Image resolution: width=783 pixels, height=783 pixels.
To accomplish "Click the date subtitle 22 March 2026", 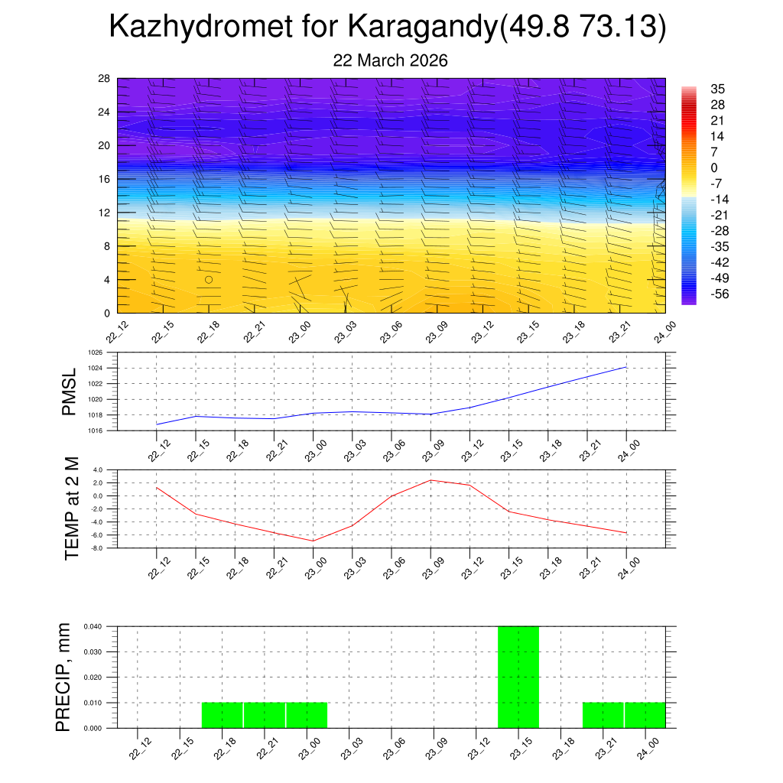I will [x=390, y=60].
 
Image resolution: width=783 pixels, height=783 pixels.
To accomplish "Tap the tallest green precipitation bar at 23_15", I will [x=518, y=677].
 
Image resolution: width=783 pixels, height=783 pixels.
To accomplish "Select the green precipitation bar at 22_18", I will [x=222, y=715].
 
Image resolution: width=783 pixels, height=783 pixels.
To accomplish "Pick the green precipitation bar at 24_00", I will [x=645, y=715].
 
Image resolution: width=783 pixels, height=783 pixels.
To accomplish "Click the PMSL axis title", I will [x=69, y=391].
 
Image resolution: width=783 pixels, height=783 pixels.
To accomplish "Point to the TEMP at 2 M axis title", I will [x=72, y=508].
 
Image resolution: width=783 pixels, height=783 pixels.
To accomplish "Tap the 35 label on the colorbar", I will [x=717, y=89].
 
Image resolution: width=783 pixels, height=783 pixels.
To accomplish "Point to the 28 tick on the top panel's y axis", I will [x=105, y=78].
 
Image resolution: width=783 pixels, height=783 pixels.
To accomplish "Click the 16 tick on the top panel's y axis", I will [x=105, y=179].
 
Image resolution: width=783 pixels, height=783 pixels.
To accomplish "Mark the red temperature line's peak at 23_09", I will [x=431, y=480].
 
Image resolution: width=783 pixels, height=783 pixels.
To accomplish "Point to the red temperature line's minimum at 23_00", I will [x=313, y=541].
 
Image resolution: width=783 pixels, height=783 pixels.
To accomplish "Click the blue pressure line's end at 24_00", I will [x=626, y=367].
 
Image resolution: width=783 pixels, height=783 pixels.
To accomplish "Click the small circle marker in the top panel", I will [x=208, y=279].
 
